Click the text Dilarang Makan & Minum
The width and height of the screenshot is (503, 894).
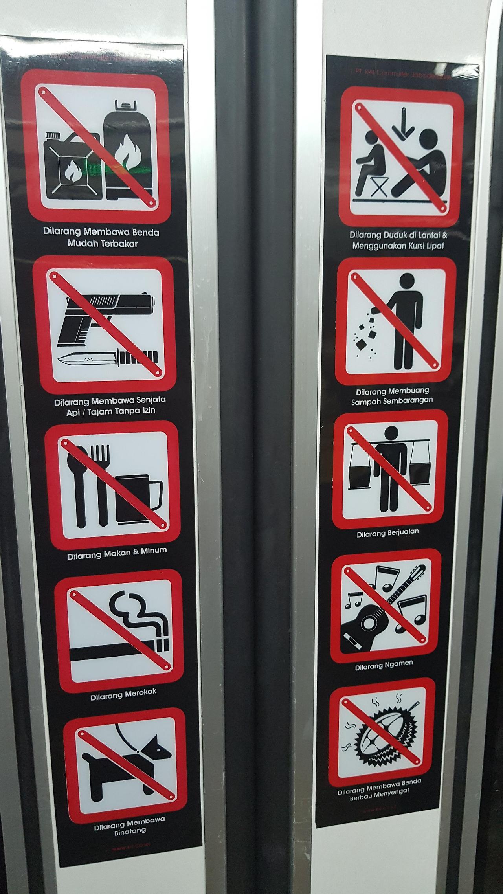(117, 553)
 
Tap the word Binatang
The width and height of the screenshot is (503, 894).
(125, 830)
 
